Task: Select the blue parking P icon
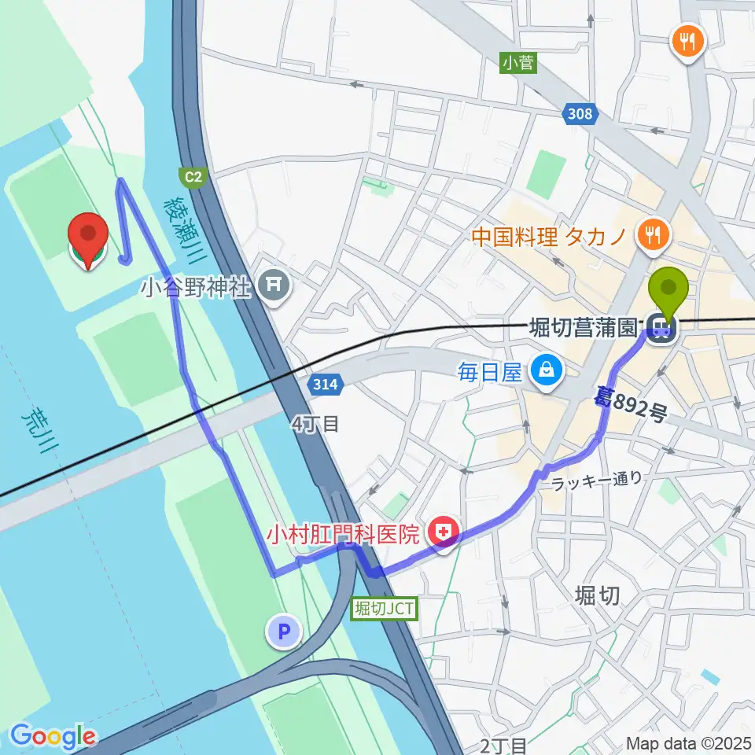point(284,631)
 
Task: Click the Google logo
point(53,736)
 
